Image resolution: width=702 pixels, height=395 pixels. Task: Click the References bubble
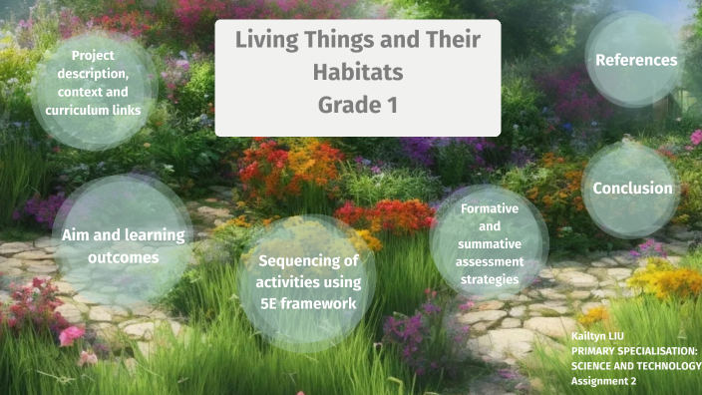tap(636, 60)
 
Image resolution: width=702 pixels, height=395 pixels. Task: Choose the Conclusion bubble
tap(632, 188)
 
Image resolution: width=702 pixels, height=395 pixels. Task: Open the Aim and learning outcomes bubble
tap(123, 245)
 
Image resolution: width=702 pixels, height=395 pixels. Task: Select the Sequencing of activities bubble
tap(308, 282)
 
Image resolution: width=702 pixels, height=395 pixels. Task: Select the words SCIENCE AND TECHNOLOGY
tap(636, 366)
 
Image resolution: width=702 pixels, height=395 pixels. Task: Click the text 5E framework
tap(308, 303)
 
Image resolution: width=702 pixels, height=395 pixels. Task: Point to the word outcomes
tap(123, 257)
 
